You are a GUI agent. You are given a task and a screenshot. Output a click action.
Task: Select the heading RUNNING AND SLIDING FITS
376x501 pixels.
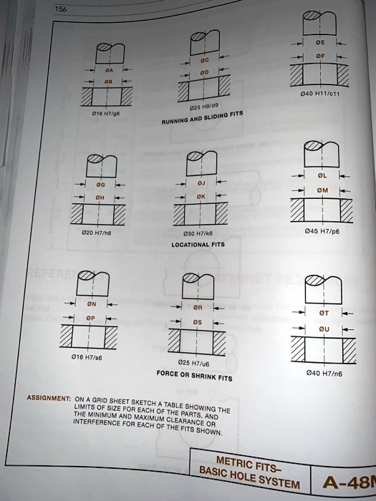click(203, 123)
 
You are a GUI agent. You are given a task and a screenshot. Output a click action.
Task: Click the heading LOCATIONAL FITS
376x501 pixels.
click(198, 244)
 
